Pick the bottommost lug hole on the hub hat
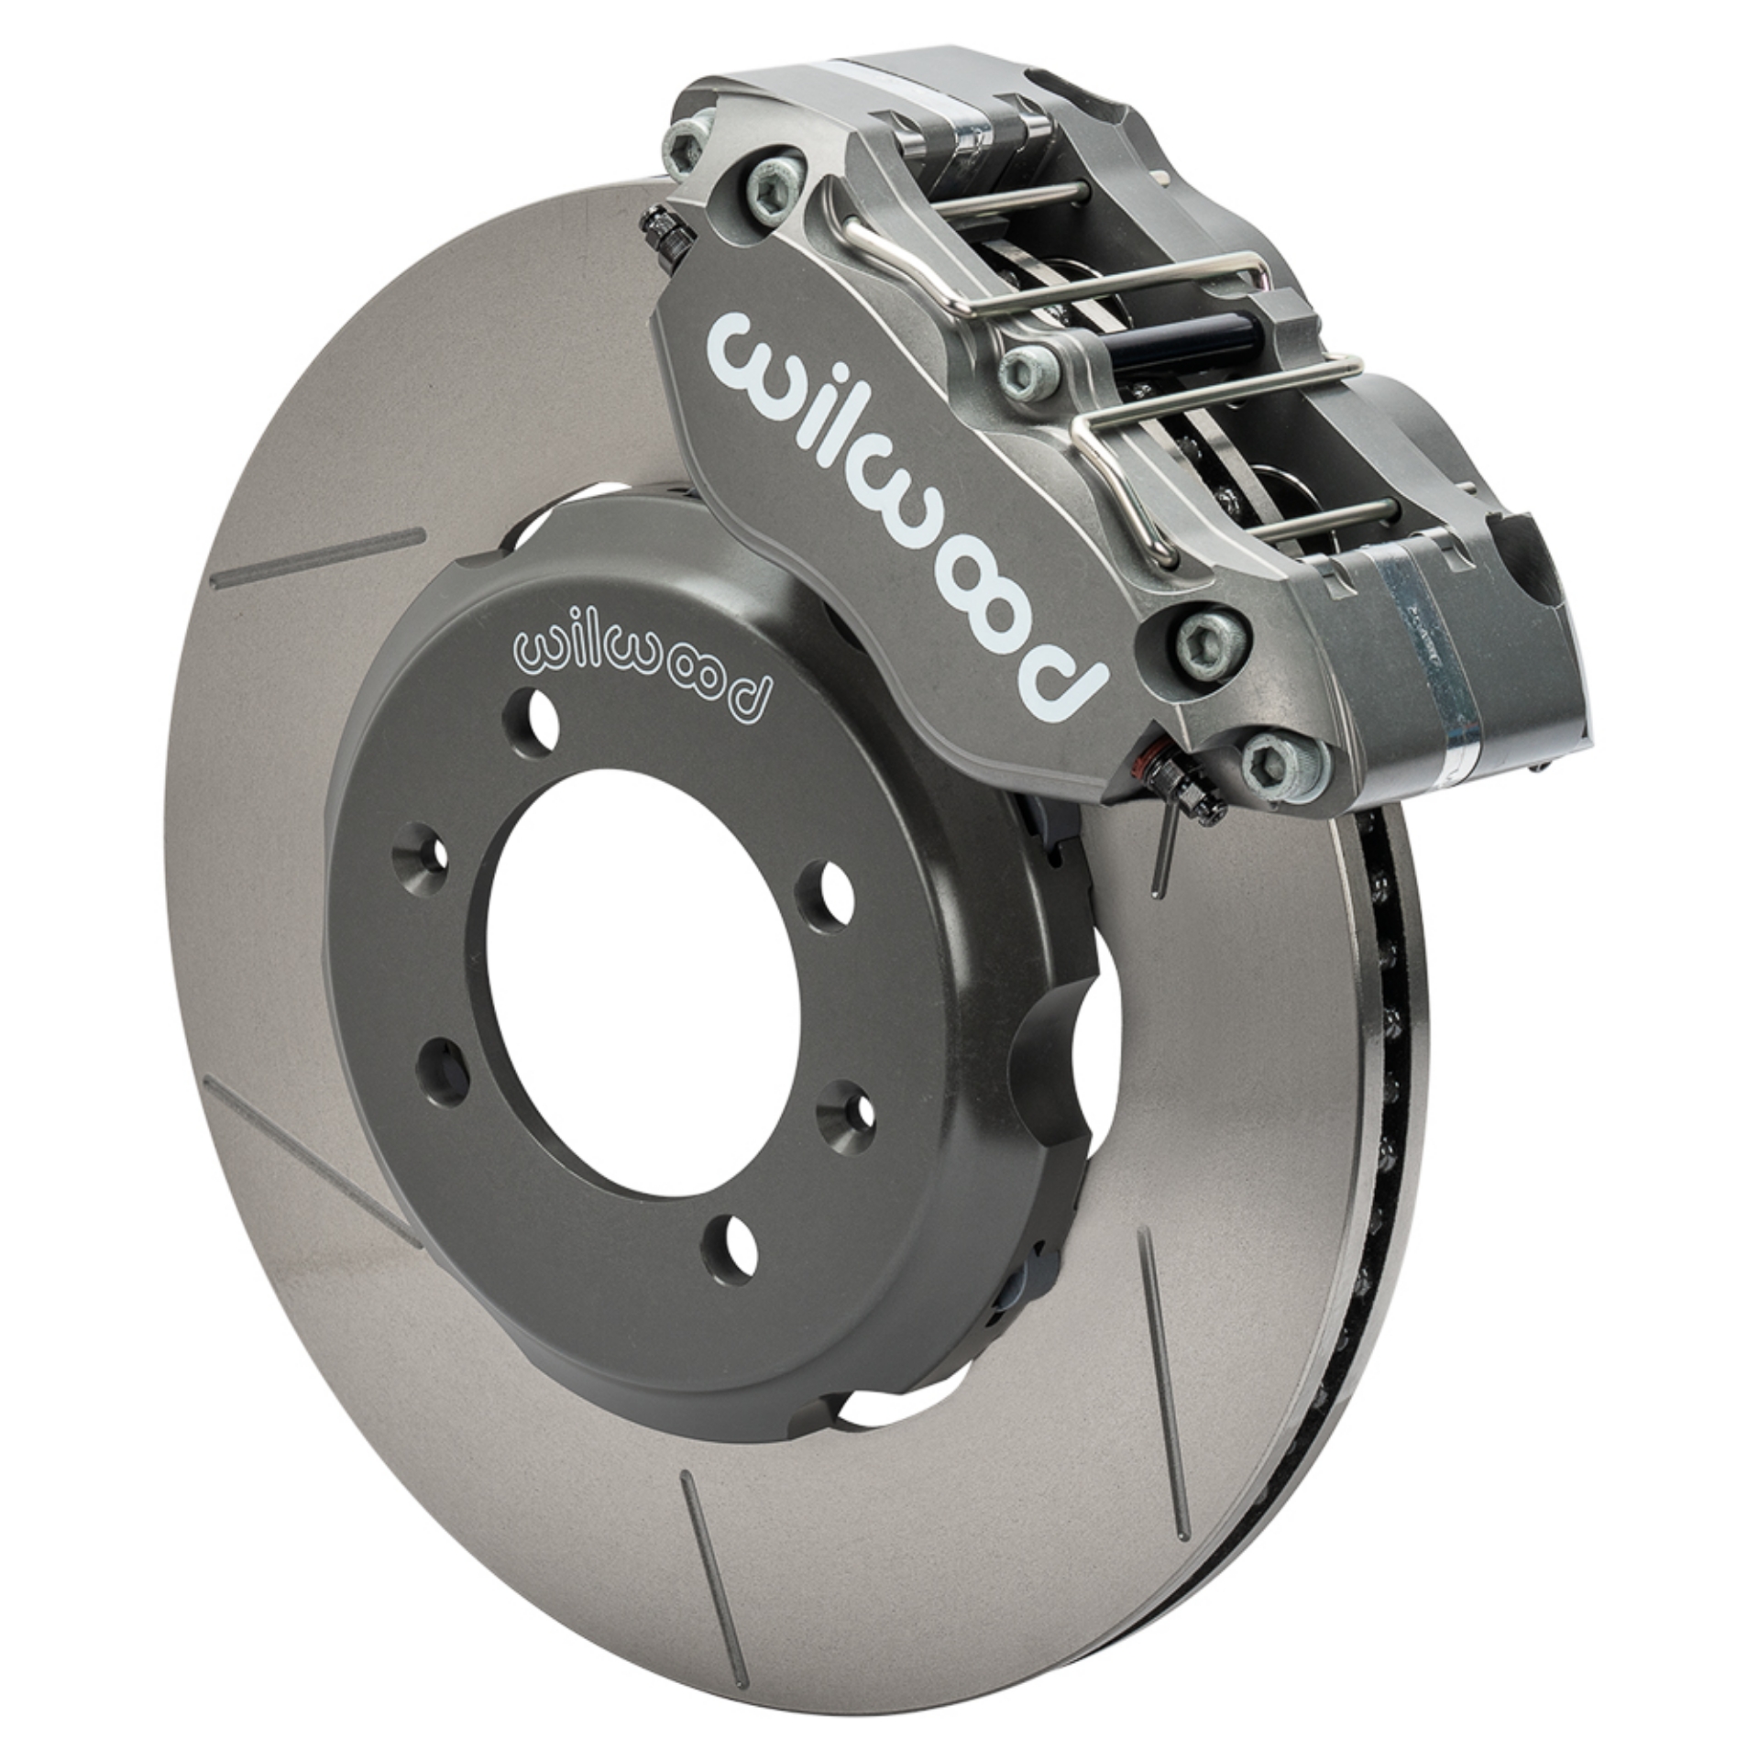tap(731, 1248)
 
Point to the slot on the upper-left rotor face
tap(318, 555)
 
